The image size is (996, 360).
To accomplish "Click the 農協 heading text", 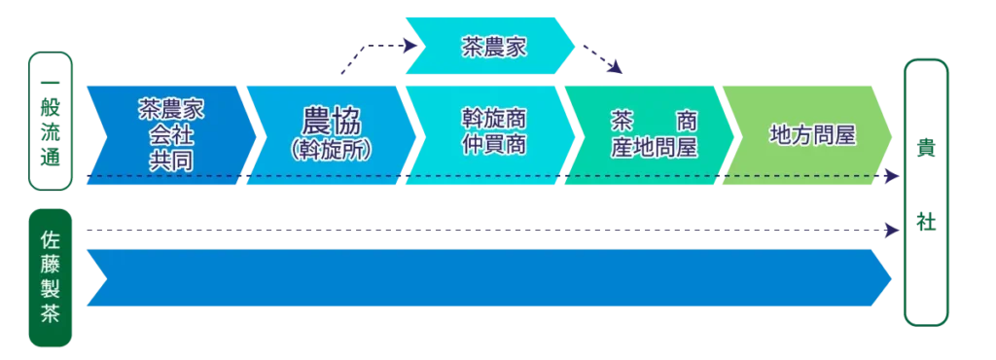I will [332, 123].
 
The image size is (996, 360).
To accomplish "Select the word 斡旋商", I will [493, 119].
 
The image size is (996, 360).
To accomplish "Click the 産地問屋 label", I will [654, 147].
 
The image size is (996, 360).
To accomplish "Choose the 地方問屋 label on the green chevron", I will [811, 134].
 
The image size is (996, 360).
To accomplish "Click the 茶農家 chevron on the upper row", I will [492, 46].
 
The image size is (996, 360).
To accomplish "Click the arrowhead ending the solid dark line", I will [888, 231].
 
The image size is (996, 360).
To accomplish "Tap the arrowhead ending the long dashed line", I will [888, 176].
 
